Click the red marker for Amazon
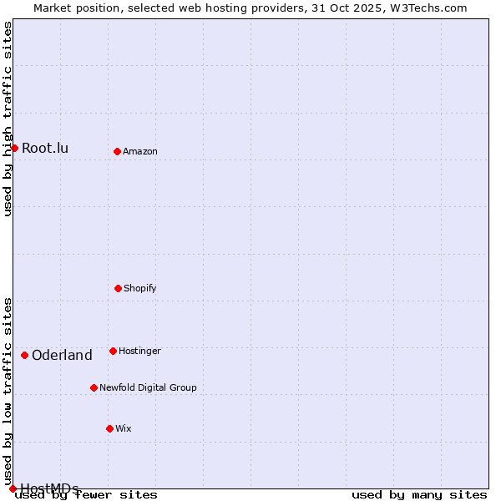tap(117, 151)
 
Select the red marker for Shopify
tap(118, 288)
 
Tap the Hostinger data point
tap(113, 351)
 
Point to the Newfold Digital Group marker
tap(94, 387)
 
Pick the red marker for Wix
tap(109, 428)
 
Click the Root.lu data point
tap(14, 148)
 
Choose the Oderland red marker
tap(24, 355)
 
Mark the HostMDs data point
tap(13, 488)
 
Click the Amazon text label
tap(140, 151)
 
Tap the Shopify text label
tap(140, 288)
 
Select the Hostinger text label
tap(139, 351)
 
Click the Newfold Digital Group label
tap(148, 387)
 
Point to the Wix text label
tap(124, 428)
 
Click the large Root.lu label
tap(45, 149)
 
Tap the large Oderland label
tap(62, 356)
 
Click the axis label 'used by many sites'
tap(419, 494)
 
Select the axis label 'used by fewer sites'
tap(87, 494)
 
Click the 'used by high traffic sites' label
tap(8, 119)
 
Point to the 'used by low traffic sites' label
tap(8, 391)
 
